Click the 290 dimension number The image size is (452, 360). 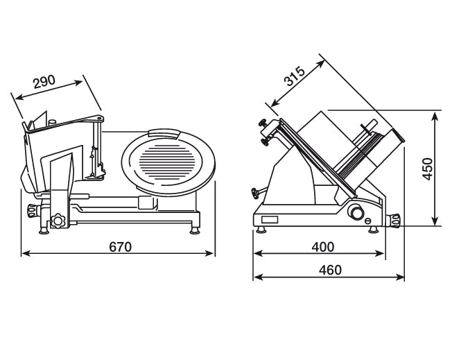tap(44, 82)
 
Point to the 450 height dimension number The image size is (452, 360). tap(428, 169)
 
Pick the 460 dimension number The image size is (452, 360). tap(329, 270)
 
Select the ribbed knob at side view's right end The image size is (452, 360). tap(396, 220)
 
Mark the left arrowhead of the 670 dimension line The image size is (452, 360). tap(25, 254)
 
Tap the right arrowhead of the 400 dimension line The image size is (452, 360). tap(382, 254)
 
